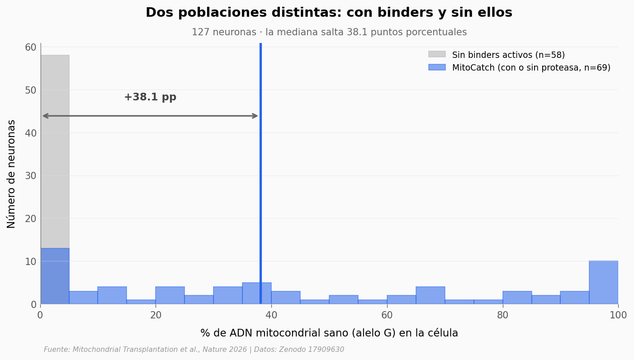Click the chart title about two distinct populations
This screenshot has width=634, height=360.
pos(329,13)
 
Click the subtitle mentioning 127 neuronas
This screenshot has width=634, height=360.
pos(329,33)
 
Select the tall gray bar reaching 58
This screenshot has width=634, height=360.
pos(55,149)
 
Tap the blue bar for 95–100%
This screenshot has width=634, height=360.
pos(603,282)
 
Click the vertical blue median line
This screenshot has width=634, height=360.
pos(260,181)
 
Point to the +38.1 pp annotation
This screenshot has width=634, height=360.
pos(150,97)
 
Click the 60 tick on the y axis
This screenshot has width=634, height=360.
pos(31,47)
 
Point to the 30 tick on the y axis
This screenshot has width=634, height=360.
pos(31,175)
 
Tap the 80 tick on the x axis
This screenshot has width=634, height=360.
pos(503,315)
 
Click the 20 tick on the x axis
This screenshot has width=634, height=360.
pos(156,315)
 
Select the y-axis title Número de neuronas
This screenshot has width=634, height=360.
pos(12,174)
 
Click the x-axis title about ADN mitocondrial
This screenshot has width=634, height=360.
pos(329,333)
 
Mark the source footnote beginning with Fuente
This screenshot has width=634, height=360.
pos(194,350)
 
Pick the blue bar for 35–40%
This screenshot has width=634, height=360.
pos(256,293)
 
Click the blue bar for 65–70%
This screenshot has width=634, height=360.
pos(430,295)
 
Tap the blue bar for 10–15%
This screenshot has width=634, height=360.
pos(112,295)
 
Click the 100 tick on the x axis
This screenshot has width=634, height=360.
pos(618,315)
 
